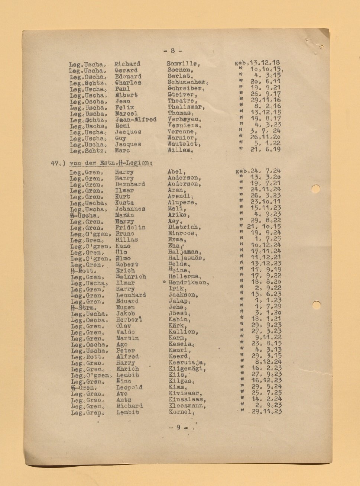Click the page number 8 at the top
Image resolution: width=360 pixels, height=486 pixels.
tap(173, 51)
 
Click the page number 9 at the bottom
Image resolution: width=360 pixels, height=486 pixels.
tap(178, 428)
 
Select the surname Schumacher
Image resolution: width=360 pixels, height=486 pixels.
tap(186, 82)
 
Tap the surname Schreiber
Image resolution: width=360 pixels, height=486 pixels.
tap(185, 88)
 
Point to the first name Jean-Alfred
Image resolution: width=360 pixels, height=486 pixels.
tap(136, 119)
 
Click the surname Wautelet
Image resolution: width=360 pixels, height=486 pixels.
tap(184, 144)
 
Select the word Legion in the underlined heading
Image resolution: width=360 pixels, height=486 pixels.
tap(139, 163)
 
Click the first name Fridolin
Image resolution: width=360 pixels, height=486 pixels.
tap(130, 227)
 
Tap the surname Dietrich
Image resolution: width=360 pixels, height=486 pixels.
tap(184, 227)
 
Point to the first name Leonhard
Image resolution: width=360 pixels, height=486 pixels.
tap(131, 295)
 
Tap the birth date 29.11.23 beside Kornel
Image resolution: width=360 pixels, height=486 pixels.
tap(267, 412)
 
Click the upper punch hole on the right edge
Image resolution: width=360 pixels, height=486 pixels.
tap(315, 189)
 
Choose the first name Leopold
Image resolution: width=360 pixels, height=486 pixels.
tap(129, 387)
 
